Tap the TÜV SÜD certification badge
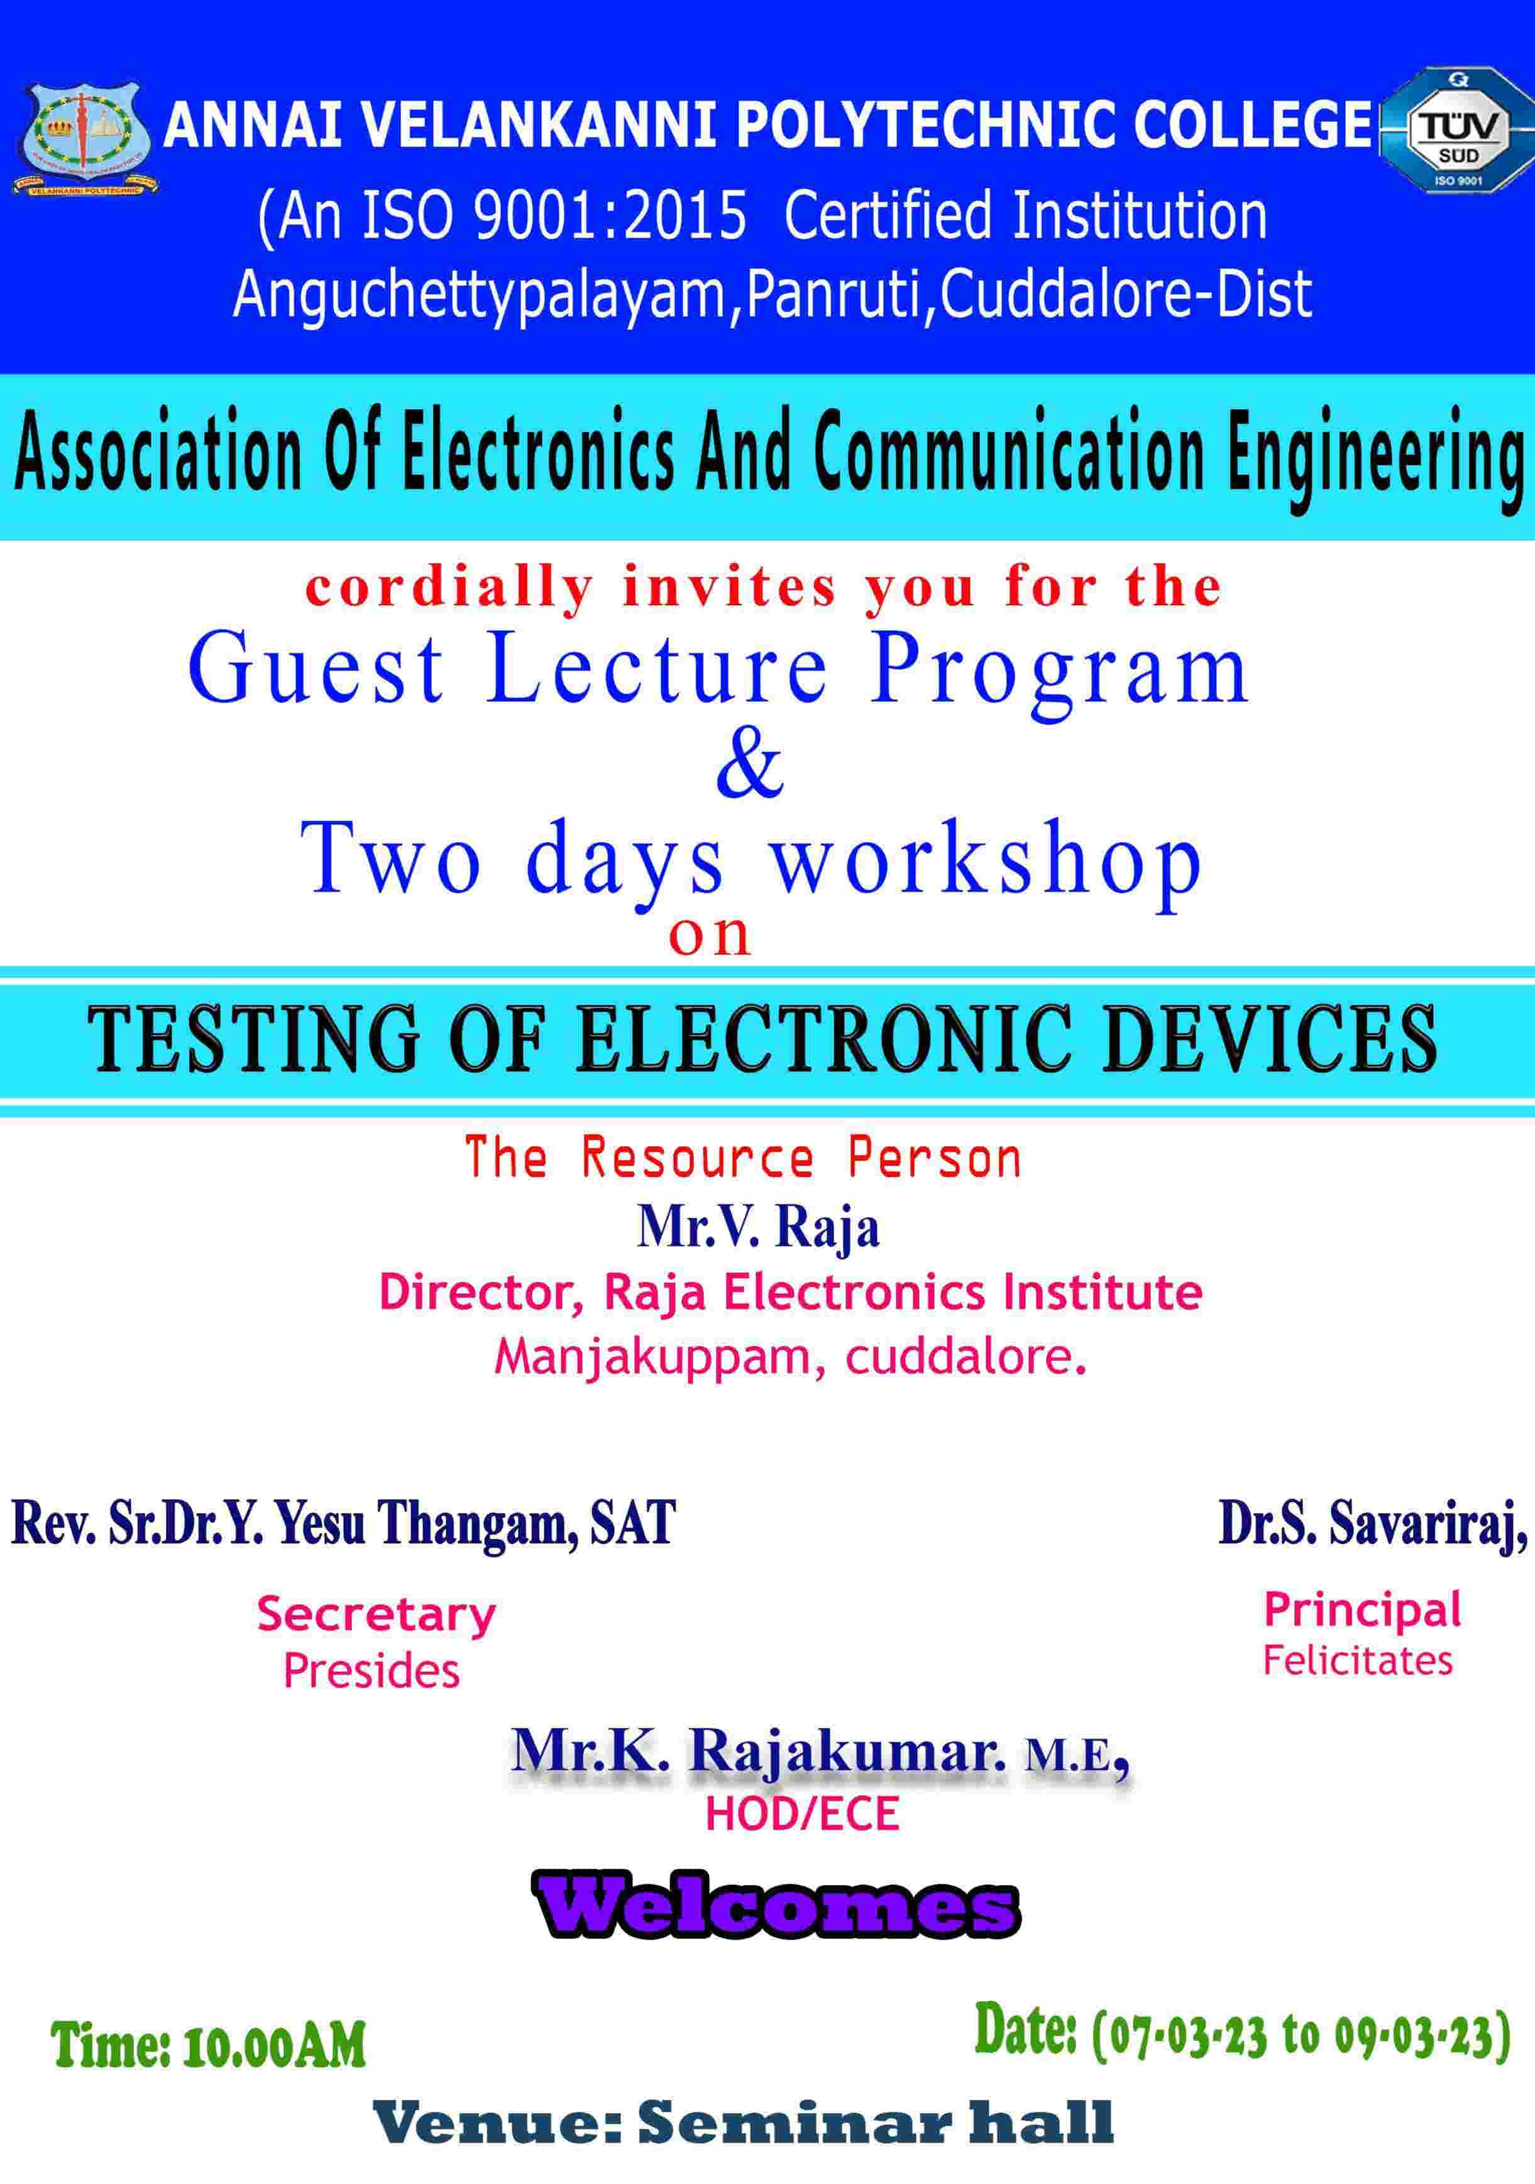pos(1456,130)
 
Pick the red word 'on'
pos(710,936)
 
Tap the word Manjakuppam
pos(653,1357)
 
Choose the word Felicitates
pos(1358,1660)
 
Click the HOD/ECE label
pos(802,1813)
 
